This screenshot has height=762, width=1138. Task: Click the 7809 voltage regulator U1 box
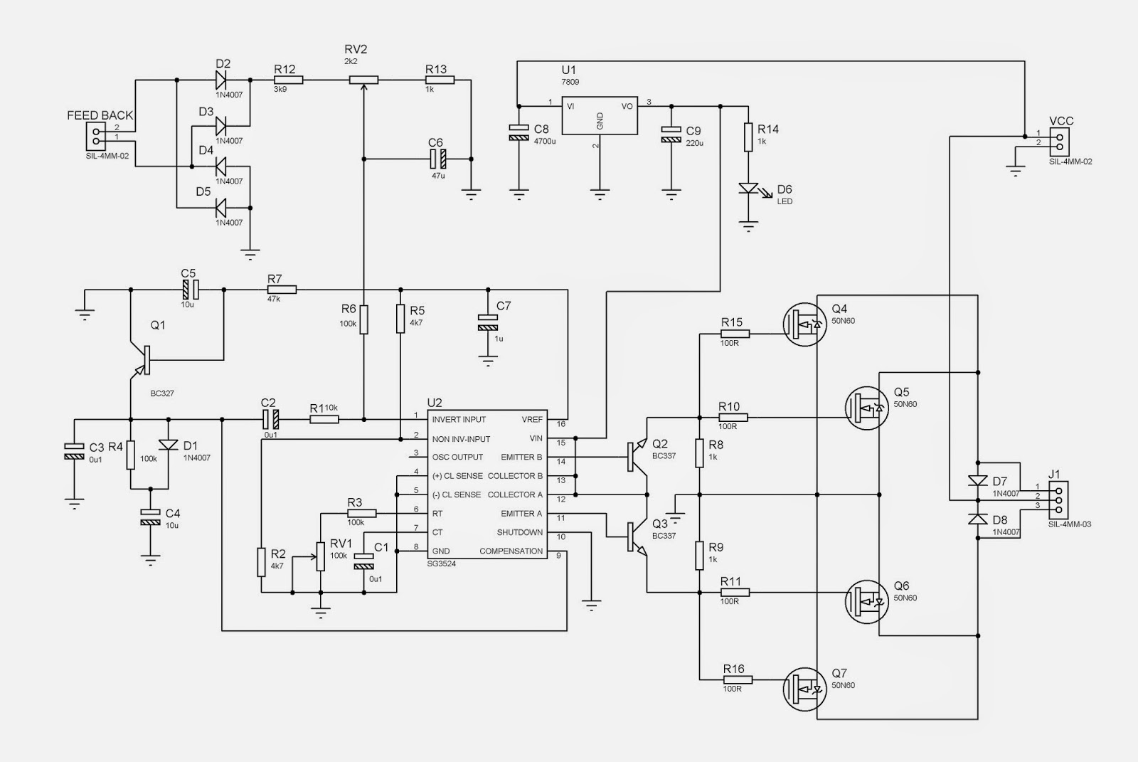[x=599, y=115]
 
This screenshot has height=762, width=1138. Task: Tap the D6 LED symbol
[x=748, y=189]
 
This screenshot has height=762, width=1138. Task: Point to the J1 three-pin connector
[x=1058, y=499]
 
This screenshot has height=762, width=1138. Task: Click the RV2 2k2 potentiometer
[x=363, y=81]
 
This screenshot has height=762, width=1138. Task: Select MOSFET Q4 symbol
[x=803, y=325]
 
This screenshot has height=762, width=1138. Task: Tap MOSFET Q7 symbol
[x=803, y=687]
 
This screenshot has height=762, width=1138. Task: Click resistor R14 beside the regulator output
[x=748, y=137]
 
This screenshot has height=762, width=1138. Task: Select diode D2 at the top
[x=220, y=80]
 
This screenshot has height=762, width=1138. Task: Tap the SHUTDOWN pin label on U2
[x=519, y=533]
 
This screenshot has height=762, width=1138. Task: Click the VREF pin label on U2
[x=531, y=420]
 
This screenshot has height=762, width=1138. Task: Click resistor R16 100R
[x=733, y=679]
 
